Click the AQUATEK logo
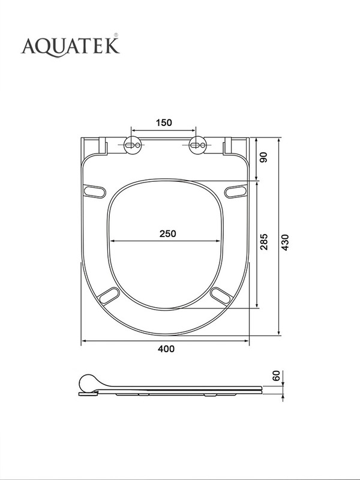(70, 46)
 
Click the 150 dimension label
(164, 123)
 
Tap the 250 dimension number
(168, 234)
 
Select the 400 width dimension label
(166, 349)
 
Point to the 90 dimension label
(263, 157)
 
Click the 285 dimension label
(264, 242)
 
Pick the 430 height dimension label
(285, 242)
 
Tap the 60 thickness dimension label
(276, 376)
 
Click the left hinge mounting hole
(133, 145)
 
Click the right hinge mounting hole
(197, 145)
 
